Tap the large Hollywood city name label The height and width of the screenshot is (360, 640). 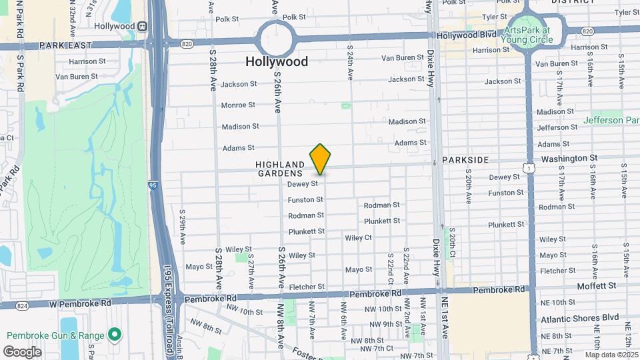(x=277, y=61)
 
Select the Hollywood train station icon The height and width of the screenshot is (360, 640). (x=142, y=26)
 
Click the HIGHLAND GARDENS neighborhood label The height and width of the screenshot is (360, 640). (x=280, y=169)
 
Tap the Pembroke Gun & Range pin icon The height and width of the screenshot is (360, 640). (x=115, y=333)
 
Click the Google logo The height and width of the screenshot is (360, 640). (x=22, y=351)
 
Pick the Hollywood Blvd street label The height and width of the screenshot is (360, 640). (x=467, y=34)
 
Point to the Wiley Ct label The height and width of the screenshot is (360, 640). (x=358, y=237)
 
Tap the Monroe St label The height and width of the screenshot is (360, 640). (x=238, y=105)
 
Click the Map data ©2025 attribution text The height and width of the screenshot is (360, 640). (x=611, y=355)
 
